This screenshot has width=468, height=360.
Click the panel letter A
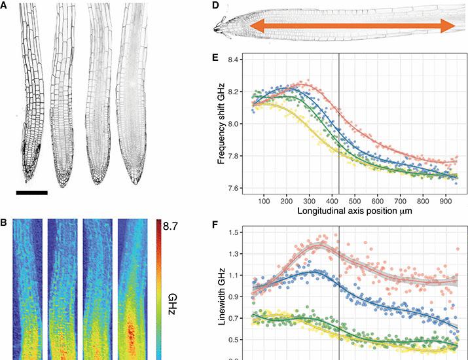5,6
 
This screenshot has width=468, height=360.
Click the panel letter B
5,223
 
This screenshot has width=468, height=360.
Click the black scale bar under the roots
31,192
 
